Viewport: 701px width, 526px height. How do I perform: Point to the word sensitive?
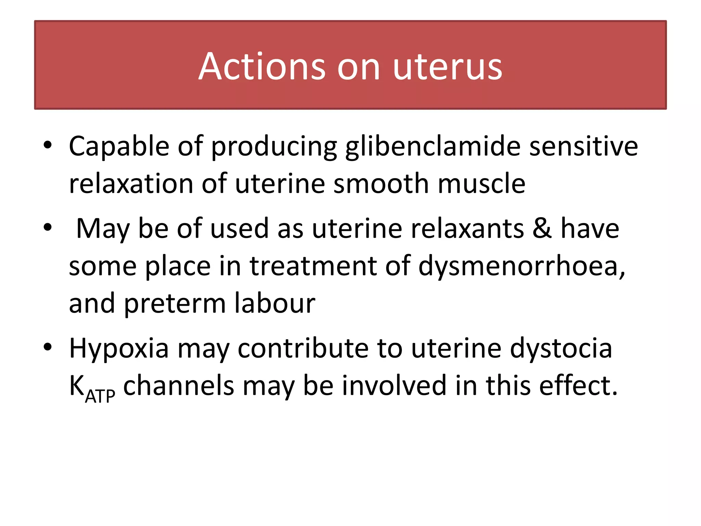584,146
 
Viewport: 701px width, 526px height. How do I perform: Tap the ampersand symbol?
542,228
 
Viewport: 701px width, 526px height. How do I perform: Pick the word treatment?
313,266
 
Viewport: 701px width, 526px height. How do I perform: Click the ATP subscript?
100,397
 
